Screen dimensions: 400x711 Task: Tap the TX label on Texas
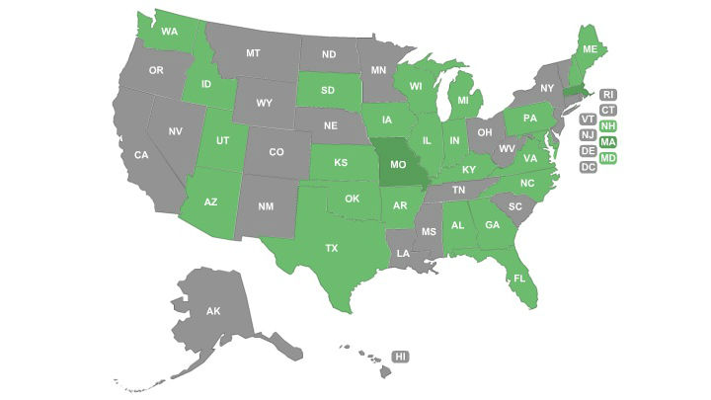332,249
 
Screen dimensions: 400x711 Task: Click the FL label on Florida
518,280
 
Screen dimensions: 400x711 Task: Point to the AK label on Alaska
213,311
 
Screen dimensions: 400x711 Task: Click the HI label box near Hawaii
400,356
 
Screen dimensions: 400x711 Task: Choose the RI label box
608,95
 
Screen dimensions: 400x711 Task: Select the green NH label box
608,126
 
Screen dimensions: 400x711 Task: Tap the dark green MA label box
608,142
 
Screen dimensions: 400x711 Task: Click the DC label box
588,167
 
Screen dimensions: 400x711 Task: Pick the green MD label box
608,158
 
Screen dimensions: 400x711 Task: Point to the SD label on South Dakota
327,91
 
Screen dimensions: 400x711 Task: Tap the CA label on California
141,155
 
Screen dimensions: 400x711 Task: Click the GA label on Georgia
491,224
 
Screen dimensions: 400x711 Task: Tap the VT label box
588,120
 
